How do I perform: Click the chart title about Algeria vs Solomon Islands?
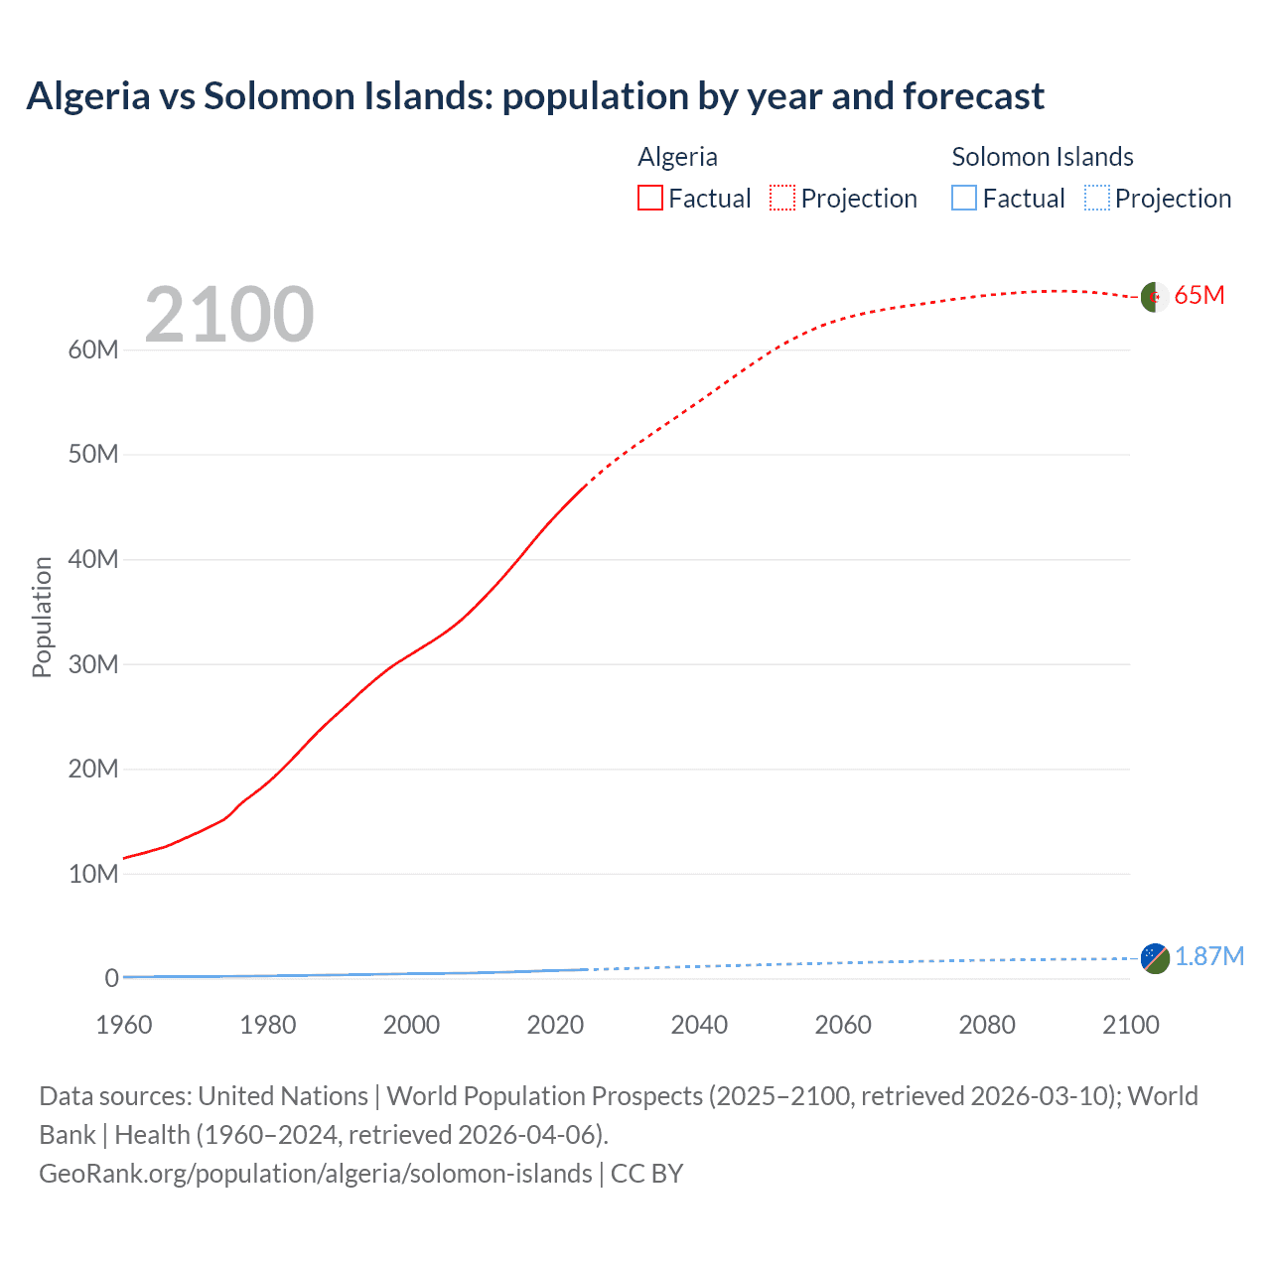coord(535,96)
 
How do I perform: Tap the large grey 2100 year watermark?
coord(229,315)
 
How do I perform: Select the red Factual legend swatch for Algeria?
coord(649,199)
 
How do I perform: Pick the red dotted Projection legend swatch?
coord(782,199)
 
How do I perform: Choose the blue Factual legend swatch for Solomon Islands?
coord(964,199)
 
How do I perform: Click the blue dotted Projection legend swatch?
coord(1096,199)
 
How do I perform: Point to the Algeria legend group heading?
coord(677,157)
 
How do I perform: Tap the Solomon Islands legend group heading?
coord(1042,157)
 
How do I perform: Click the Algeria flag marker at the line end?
coord(1154,297)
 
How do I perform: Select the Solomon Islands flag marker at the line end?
coord(1155,958)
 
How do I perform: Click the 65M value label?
coord(1199,296)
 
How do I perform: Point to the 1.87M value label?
coord(1208,956)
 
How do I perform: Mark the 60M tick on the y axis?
coord(93,350)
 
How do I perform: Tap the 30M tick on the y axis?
coord(93,664)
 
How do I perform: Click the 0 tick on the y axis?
coord(111,978)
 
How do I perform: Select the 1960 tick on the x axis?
coord(124,1025)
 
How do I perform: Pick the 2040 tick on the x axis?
coord(699,1025)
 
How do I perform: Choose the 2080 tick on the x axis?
coord(987,1025)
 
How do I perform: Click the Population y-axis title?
coord(42,617)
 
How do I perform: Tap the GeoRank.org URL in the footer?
coord(315,1174)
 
